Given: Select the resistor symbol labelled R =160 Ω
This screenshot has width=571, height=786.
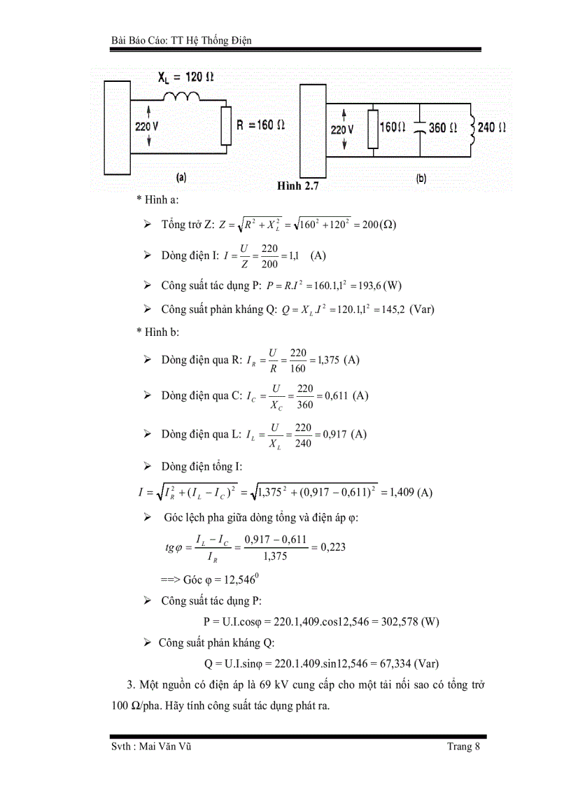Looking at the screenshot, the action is pyautogui.click(x=225, y=126).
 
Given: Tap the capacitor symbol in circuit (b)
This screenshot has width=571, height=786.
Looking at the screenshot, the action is pyautogui.click(x=418, y=129).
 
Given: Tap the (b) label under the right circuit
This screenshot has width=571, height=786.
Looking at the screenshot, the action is pyautogui.click(x=421, y=179).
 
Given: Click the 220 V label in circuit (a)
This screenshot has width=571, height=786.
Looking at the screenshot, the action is pyautogui.click(x=148, y=126).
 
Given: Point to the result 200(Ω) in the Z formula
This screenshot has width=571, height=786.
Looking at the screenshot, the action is pyautogui.click(x=376, y=225).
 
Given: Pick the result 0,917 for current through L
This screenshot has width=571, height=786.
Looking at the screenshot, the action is pyautogui.click(x=332, y=434).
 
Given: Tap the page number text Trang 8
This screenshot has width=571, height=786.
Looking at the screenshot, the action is pyautogui.click(x=464, y=746).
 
